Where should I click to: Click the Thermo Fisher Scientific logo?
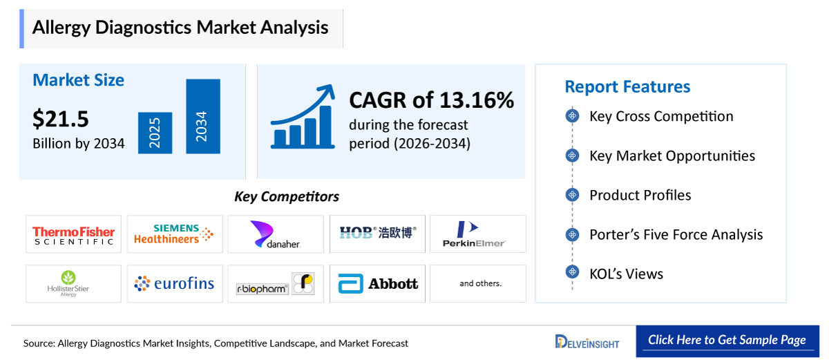click(73, 234)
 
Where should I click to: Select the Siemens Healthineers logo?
click(175, 234)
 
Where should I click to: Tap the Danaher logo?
click(275, 234)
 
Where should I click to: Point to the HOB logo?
click(377, 234)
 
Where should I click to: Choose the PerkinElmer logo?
click(477, 234)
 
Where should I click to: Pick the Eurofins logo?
click(175, 283)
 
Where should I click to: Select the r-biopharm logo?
click(275, 283)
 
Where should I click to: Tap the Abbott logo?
click(377, 283)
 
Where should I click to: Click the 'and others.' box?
click(477, 283)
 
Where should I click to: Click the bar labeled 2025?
click(155, 133)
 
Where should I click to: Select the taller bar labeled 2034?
click(202, 117)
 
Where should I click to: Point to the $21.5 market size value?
click(61, 119)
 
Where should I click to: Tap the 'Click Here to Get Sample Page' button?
click(727, 340)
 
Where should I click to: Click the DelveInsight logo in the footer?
click(587, 342)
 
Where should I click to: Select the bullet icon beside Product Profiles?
click(572, 195)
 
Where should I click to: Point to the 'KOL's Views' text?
click(626, 274)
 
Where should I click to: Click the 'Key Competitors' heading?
click(287, 197)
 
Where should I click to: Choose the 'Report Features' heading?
click(627, 86)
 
